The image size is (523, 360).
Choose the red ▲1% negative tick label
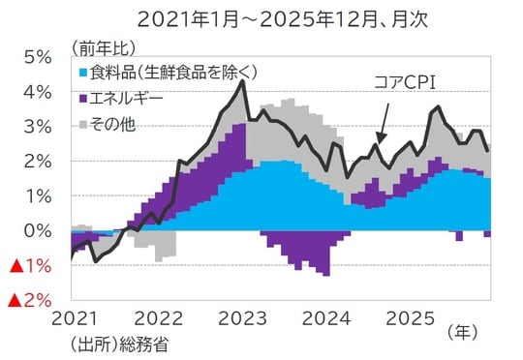point(30,266)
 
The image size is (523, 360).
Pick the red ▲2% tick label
point(30,301)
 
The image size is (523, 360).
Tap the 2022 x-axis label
point(161,317)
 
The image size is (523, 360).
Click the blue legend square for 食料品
point(81,74)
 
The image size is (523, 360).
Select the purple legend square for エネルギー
point(81,98)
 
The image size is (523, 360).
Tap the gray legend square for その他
point(81,122)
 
